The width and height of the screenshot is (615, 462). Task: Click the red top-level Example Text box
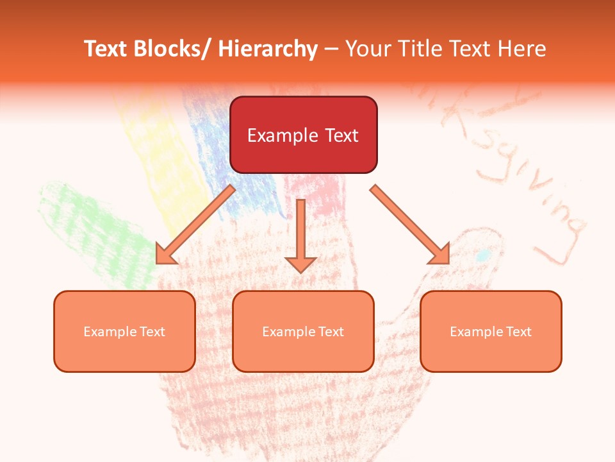point(303,135)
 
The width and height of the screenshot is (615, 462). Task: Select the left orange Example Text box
point(124,331)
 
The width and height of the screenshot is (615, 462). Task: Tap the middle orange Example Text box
point(303,331)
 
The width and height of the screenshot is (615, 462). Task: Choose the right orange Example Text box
point(491,331)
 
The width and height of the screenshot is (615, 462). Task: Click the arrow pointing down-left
point(195,225)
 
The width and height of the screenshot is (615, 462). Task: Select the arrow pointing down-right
point(410,225)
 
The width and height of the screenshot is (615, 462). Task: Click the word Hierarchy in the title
point(267,49)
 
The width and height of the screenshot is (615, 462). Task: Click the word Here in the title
point(523,49)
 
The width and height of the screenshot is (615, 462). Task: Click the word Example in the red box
point(283,135)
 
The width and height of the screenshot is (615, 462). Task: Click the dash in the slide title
point(331,49)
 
